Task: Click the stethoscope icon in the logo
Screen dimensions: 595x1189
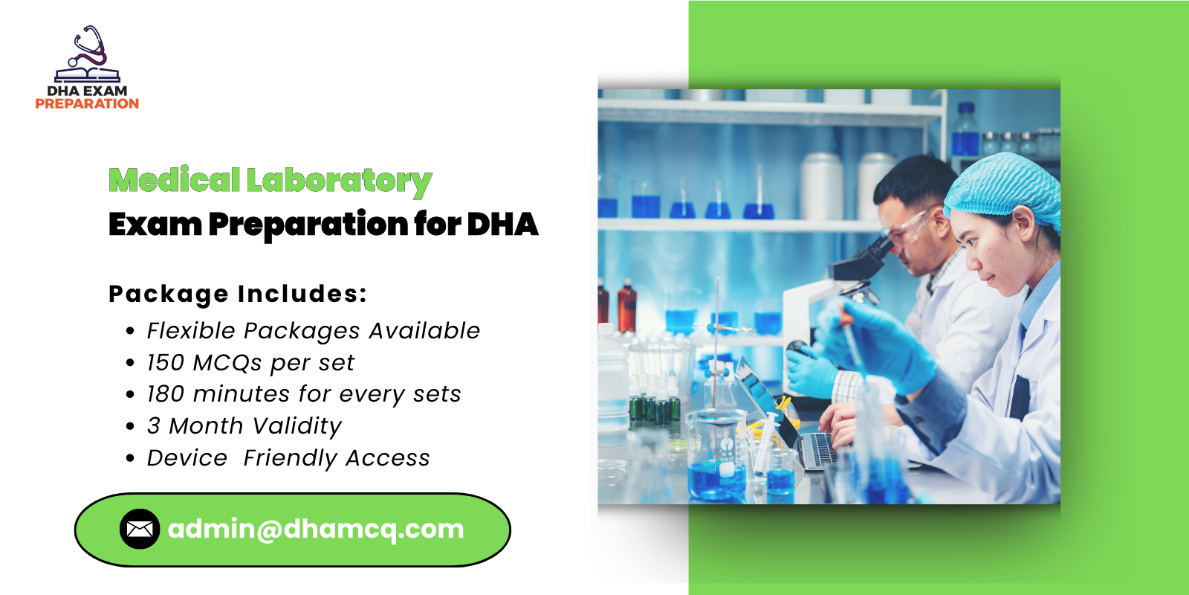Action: coord(89,47)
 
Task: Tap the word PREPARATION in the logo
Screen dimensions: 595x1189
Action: coord(87,104)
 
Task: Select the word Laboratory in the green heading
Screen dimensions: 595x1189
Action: coord(339,181)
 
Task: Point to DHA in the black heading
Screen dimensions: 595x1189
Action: coord(502,225)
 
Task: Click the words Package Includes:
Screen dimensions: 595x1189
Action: coord(238,294)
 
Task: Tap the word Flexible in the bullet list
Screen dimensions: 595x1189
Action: coord(191,330)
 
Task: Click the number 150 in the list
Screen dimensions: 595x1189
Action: coord(165,363)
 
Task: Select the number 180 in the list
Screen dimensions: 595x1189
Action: coord(165,394)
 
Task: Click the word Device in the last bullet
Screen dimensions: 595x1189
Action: coord(187,458)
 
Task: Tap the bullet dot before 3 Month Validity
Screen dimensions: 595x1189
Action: coord(131,427)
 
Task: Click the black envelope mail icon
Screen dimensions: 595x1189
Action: coord(140,529)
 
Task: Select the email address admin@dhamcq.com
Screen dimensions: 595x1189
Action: coord(316,529)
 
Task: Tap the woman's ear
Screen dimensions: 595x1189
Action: coord(1023,222)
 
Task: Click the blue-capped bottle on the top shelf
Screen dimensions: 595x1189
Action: coord(965,130)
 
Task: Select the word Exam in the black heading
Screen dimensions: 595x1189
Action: coord(155,225)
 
